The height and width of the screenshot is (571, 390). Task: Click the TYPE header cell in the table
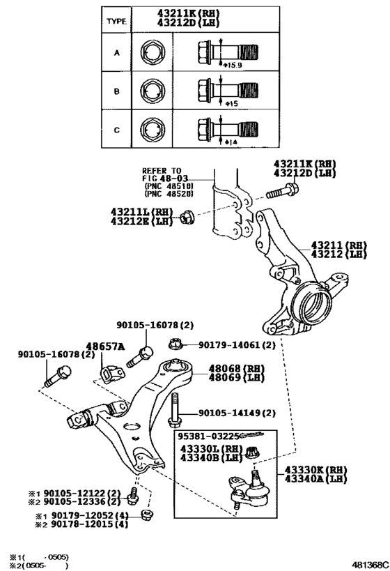tap(116, 21)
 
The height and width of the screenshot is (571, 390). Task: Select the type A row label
tap(116, 53)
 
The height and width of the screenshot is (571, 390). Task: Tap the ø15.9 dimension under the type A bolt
tap(233, 65)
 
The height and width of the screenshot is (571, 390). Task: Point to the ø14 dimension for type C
tap(231, 142)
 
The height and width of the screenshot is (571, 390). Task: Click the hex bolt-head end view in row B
tap(152, 91)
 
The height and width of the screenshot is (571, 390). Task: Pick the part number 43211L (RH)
tap(142, 212)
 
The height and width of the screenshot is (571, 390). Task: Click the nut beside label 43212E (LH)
tap(187, 218)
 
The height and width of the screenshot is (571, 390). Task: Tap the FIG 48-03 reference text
tap(165, 178)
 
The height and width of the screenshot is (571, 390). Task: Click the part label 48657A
tap(105, 346)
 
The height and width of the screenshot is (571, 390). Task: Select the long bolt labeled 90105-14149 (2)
tap(175, 409)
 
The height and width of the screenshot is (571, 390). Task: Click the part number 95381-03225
tap(208, 436)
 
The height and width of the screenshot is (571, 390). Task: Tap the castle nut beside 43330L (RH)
tap(253, 452)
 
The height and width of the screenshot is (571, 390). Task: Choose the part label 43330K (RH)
tap(315, 470)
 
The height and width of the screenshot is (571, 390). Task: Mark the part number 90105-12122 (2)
tap(82, 494)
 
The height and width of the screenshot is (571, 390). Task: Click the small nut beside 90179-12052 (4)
tap(148, 515)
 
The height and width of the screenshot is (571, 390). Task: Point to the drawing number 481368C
tap(370, 565)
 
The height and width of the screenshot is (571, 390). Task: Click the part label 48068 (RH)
tap(237, 369)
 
